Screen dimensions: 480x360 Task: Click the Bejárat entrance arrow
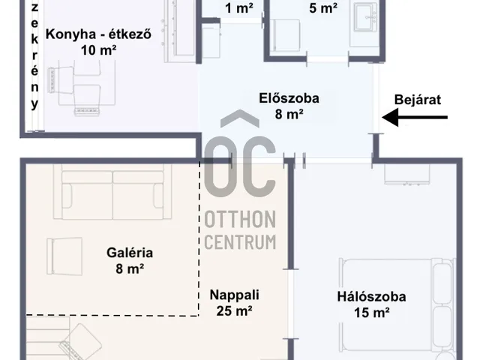(x=415, y=117)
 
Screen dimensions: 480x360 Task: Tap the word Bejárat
(x=418, y=100)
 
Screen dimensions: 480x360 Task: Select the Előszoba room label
(x=289, y=98)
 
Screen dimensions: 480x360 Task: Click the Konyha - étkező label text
(x=98, y=34)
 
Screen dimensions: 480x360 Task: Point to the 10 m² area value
(x=98, y=50)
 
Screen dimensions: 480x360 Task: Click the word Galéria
(x=130, y=253)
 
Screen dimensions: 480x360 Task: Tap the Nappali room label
(x=235, y=295)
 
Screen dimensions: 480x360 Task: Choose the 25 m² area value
(x=235, y=311)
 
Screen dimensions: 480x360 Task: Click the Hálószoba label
(x=372, y=297)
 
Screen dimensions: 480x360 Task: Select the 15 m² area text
(x=372, y=313)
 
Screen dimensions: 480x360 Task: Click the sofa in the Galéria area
(x=112, y=192)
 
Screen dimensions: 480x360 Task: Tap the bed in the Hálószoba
(x=397, y=304)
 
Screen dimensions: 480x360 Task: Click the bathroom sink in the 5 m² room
(x=367, y=16)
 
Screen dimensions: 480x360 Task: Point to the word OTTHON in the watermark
(x=240, y=220)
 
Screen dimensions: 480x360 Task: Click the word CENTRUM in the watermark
(x=240, y=242)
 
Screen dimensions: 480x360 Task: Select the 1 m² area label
(x=239, y=8)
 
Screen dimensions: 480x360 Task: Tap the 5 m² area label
(x=323, y=8)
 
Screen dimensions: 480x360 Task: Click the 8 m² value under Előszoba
(x=289, y=114)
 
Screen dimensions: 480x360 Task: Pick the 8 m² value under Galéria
(x=130, y=268)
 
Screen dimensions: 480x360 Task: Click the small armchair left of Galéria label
(x=64, y=256)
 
